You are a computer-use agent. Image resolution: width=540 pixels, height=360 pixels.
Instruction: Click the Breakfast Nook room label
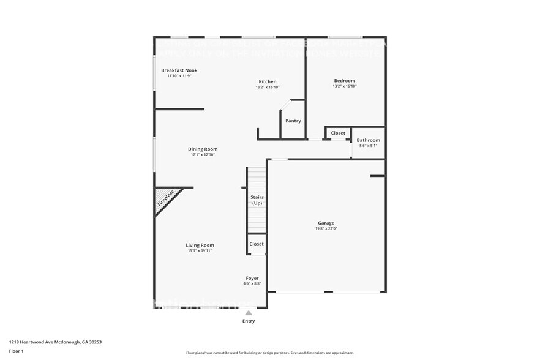(179, 70)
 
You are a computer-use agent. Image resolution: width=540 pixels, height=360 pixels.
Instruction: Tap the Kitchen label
(267, 81)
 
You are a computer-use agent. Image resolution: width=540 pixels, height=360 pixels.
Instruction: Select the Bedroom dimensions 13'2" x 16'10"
(344, 86)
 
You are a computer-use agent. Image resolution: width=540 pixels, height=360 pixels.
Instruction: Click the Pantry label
(293, 121)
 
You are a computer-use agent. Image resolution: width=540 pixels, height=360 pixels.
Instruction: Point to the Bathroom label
(368, 140)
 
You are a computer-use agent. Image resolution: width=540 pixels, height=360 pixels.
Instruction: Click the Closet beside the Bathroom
(338, 133)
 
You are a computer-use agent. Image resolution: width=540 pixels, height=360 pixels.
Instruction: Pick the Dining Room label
(202, 149)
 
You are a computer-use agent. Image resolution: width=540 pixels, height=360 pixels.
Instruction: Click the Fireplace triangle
(164, 200)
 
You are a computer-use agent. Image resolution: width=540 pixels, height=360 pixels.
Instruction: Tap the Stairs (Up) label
(257, 200)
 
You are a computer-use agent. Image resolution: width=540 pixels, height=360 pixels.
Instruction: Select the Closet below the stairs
(257, 244)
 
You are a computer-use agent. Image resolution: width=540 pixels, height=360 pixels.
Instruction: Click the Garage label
(326, 223)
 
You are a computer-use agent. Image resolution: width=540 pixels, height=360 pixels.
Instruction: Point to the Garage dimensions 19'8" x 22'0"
(326, 228)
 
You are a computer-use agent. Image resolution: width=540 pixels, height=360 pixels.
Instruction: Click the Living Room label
(200, 245)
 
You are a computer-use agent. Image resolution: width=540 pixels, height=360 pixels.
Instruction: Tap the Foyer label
(252, 278)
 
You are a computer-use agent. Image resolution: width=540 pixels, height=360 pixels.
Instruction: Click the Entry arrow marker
(249, 313)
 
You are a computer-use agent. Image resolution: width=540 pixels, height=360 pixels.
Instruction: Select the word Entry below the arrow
(249, 321)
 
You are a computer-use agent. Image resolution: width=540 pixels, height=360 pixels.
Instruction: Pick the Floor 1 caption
(17, 351)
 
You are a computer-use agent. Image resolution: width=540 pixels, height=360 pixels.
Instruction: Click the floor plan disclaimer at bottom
(269, 353)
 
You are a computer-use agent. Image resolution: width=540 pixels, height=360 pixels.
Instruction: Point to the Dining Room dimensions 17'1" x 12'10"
(202, 155)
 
